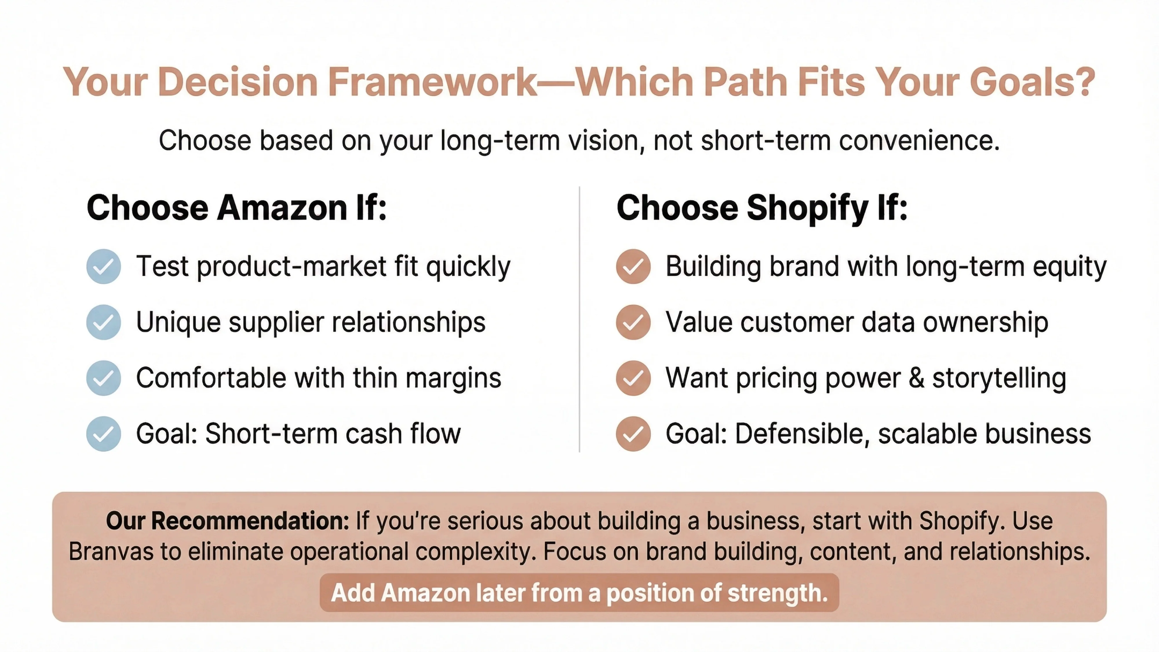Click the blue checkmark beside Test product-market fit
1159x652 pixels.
(x=103, y=266)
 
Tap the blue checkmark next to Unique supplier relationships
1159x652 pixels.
(x=103, y=322)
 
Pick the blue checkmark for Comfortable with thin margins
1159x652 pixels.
(x=103, y=378)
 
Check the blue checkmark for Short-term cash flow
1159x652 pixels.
(x=103, y=434)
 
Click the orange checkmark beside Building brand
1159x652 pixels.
(x=633, y=266)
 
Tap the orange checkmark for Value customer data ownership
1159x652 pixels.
(x=633, y=322)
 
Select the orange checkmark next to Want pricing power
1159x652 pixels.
(x=633, y=378)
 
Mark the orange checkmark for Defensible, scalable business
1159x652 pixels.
(x=633, y=434)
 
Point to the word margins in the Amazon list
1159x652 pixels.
(x=453, y=378)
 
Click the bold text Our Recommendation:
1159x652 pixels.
(x=227, y=521)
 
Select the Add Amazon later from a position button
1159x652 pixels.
(x=579, y=593)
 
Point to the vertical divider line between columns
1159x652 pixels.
(x=579, y=319)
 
